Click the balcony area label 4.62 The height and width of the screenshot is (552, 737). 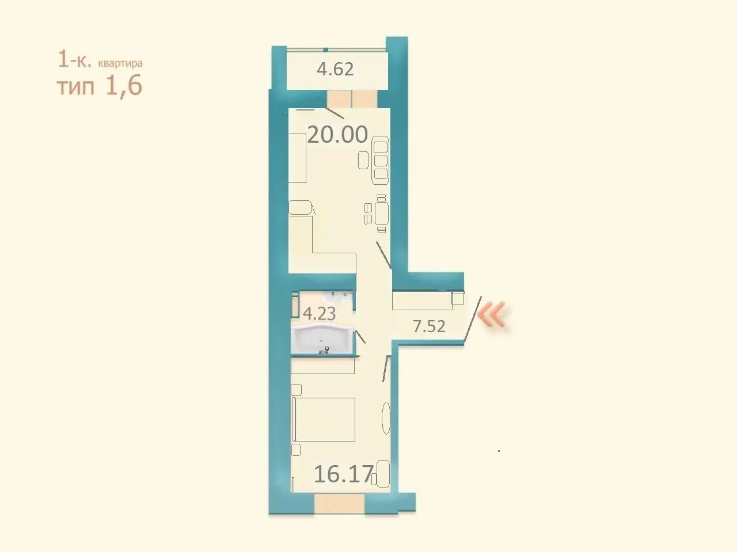(x=335, y=69)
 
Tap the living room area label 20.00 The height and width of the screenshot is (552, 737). (x=337, y=135)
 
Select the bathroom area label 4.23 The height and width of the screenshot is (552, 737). (x=319, y=314)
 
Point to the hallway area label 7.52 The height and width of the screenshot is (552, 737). (x=429, y=326)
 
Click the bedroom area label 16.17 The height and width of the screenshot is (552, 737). (x=344, y=474)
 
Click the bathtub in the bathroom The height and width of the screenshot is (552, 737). (x=322, y=339)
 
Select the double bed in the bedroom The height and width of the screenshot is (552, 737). (x=324, y=420)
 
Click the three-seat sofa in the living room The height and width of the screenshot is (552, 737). (x=380, y=160)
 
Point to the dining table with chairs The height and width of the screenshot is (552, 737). (x=377, y=214)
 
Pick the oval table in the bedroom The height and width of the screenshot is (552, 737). (x=386, y=418)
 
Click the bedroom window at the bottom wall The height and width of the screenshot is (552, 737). (x=340, y=504)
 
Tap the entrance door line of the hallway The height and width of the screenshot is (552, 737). (x=472, y=320)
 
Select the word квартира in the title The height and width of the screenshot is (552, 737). (x=120, y=63)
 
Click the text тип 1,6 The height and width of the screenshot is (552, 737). (x=100, y=86)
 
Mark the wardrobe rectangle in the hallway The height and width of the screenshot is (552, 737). (x=423, y=300)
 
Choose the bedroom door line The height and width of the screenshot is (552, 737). (x=386, y=368)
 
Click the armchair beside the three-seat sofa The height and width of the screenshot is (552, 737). (x=363, y=160)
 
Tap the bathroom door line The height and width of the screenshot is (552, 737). (x=360, y=336)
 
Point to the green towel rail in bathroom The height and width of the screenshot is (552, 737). (x=295, y=304)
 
